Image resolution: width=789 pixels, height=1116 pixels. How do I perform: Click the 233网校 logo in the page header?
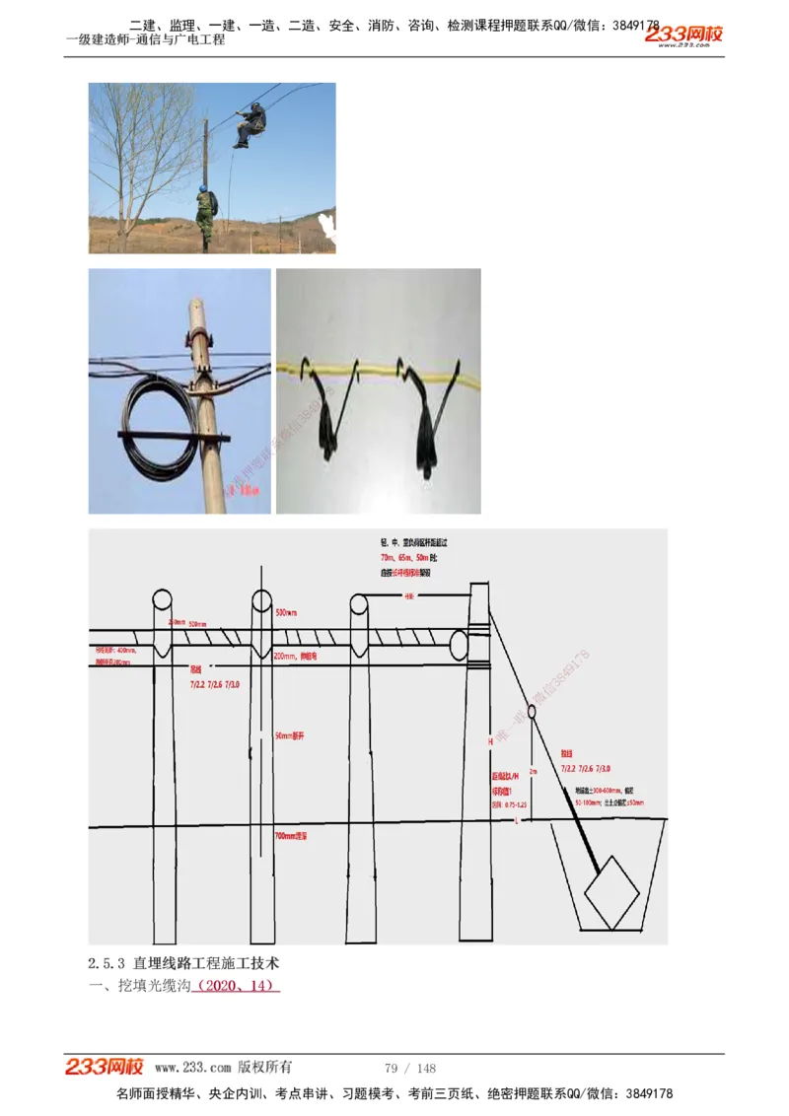coord(683,35)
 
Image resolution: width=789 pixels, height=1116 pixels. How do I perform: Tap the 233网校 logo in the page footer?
coord(105,1067)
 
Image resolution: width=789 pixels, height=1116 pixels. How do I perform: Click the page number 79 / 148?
coord(410,1069)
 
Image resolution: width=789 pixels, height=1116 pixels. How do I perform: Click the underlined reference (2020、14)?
coord(238,985)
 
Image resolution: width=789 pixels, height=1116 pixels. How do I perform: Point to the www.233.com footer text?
coord(193,1068)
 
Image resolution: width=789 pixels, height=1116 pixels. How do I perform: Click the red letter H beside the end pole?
coord(489,740)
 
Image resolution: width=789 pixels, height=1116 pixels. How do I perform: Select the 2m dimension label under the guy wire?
coord(534,771)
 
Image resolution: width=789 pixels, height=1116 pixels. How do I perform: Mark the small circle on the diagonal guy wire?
coord(531,710)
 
